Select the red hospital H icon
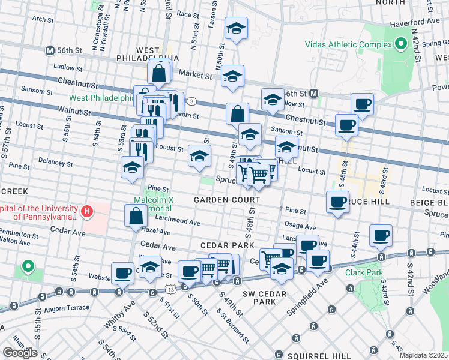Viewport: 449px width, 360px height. (x=87, y=211)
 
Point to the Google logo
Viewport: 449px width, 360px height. (x=20, y=353)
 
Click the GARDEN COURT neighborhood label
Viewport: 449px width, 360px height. (x=227, y=199)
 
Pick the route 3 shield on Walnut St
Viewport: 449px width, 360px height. (x=191, y=101)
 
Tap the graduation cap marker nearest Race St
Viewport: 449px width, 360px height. (x=237, y=28)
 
